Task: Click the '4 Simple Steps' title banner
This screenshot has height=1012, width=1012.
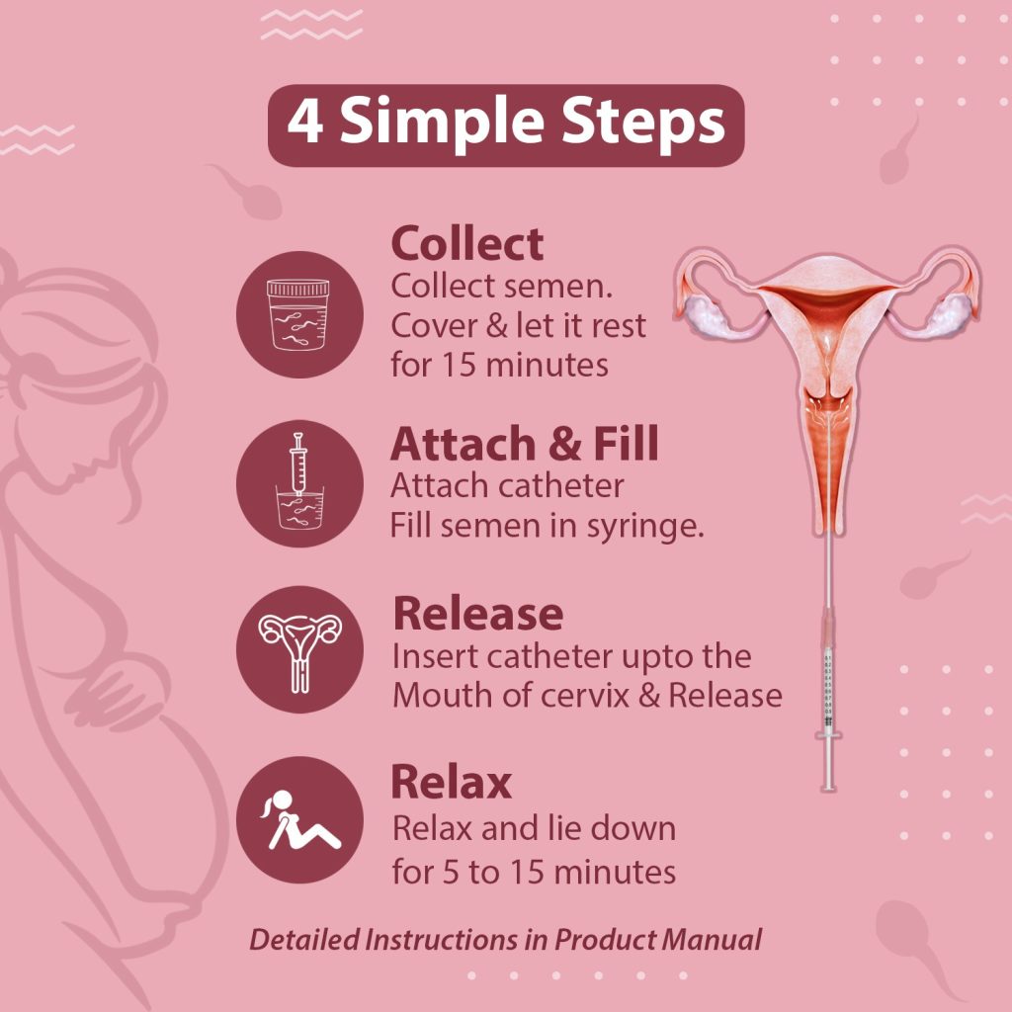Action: [505, 126]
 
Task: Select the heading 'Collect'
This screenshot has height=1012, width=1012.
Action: [466, 244]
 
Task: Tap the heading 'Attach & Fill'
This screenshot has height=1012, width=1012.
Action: [524, 445]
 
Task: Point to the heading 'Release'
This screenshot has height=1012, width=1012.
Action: [477, 613]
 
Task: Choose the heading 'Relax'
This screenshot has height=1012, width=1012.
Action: [452, 782]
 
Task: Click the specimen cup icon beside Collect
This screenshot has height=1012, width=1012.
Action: [298, 314]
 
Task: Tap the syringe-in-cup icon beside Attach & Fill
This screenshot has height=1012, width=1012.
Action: [298, 483]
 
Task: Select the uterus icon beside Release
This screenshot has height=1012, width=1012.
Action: [298, 649]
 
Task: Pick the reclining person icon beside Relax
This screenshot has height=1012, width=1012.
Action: [298, 819]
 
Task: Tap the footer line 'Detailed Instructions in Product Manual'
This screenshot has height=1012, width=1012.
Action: [505, 939]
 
